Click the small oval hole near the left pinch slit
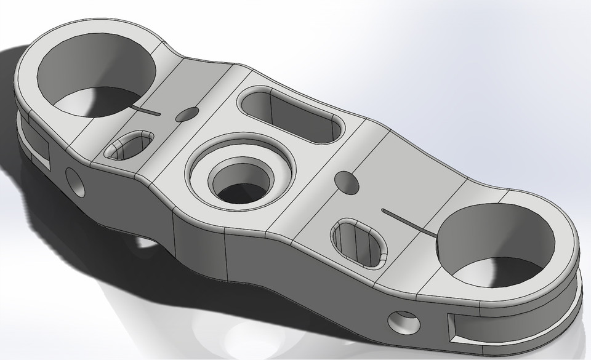click(188, 114)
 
